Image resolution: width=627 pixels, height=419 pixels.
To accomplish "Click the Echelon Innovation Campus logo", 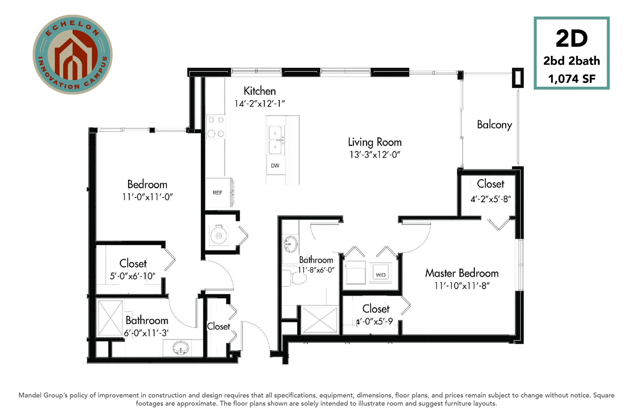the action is pyautogui.click(x=72, y=54).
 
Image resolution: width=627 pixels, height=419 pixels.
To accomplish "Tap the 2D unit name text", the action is pyautogui.click(x=571, y=39).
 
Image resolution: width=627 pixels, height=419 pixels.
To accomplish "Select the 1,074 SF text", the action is pyautogui.click(x=572, y=79).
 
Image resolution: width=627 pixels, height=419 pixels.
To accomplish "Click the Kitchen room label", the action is pyautogui.click(x=259, y=91).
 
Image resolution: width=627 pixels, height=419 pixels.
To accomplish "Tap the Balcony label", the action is pyautogui.click(x=494, y=125).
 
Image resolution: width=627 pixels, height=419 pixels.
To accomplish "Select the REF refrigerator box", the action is pyautogui.click(x=218, y=192).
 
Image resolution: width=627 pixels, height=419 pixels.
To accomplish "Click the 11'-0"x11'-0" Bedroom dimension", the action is pyautogui.click(x=148, y=197).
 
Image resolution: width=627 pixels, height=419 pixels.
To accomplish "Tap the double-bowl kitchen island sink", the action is pyautogui.click(x=276, y=140).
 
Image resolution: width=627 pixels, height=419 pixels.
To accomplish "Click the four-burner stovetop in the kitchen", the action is pyautogui.click(x=216, y=127).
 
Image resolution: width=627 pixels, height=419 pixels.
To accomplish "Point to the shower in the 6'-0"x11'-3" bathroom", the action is pyautogui.click(x=110, y=318).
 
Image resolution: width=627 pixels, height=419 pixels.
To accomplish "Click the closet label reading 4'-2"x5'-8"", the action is pyautogui.click(x=490, y=199).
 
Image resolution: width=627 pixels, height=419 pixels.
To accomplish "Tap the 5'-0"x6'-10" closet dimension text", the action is pyautogui.click(x=133, y=276).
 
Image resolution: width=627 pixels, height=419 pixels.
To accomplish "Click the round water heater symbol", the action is pyautogui.click(x=219, y=235).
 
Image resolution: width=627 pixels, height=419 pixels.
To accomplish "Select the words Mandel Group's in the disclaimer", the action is pyautogui.click(x=43, y=395).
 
